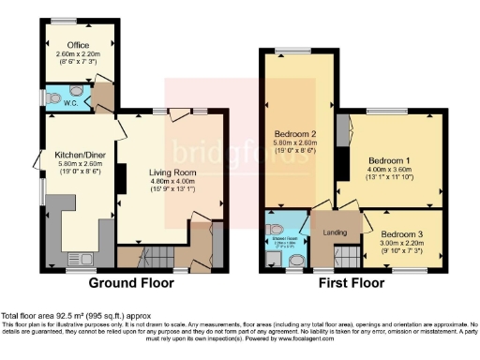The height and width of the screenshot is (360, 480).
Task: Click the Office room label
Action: coord(77,43)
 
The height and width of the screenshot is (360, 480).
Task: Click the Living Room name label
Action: coord(171,172)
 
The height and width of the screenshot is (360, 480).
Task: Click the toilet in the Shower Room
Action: coord(274,228)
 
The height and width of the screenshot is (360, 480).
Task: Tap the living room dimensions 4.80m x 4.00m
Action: coord(171,182)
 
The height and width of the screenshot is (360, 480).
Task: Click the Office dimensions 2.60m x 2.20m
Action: coord(77,52)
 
